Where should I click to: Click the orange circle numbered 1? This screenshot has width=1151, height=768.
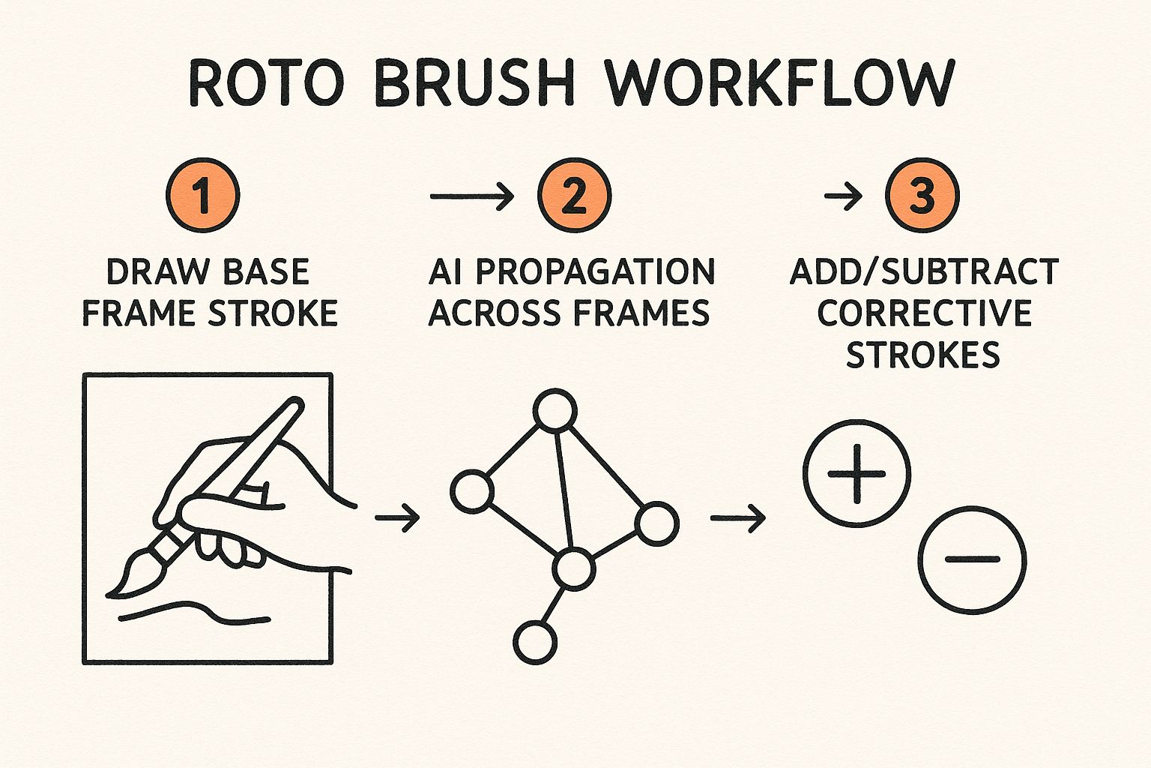(x=203, y=195)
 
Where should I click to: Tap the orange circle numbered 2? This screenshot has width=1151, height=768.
(x=574, y=195)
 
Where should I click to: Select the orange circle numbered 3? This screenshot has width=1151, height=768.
(x=922, y=195)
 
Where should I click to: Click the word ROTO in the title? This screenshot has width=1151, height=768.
(x=267, y=83)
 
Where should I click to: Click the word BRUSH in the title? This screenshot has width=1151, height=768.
(x=474, y=83)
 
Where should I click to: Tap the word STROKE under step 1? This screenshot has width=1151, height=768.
(x=272, y=313)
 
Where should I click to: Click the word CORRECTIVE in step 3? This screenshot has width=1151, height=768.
(x=925, y=313)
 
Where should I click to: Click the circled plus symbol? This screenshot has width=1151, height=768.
(x=857, y=474)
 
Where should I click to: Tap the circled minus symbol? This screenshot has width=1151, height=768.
(x=972, y=559)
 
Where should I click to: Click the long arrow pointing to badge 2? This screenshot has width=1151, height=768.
(x=471, y=196)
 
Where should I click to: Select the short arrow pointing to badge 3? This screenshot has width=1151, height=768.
(x=843, y=196)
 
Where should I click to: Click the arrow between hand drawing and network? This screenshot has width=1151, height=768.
(x=397, y=517)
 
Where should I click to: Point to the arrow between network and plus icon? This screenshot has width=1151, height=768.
(x=738, y=518)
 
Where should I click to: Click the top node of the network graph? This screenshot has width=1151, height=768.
(x=555, y=410)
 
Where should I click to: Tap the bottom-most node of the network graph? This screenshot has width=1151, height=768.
(x=535, y=643)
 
